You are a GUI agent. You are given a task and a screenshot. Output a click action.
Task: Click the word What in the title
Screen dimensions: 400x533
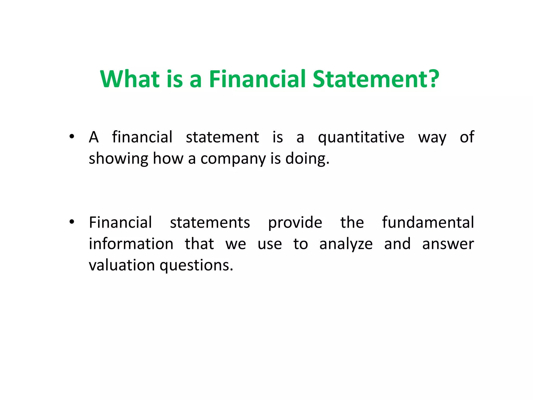tap(130, 79)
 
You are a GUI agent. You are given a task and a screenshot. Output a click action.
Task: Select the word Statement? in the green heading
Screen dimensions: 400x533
tap(376, 79)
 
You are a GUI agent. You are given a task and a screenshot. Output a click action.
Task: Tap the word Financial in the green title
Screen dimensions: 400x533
tap(257, 79)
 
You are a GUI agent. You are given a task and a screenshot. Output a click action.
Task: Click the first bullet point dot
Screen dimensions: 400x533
tap(72, 136)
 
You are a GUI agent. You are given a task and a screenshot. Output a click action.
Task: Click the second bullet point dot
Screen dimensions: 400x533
tap(72, 222)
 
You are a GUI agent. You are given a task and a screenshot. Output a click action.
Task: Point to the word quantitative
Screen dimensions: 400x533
tap(361, 137)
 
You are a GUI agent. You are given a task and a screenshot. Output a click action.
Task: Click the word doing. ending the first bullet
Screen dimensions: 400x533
tap(307, 159)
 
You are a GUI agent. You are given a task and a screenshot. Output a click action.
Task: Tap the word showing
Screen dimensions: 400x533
tap(118, 159)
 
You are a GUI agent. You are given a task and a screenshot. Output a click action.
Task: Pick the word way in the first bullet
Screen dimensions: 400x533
tap(432, 137)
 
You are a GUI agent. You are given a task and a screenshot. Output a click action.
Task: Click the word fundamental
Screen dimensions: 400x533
tap(428, 223)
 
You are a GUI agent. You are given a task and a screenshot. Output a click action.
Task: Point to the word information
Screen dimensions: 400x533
tap(131, 244)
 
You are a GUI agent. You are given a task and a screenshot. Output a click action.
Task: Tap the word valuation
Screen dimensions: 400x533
tap(122, 265)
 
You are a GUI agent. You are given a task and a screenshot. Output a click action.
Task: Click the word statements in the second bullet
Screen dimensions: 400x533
tap(210, 223)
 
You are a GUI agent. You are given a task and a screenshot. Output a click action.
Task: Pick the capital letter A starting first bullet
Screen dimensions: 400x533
tap(94, 137)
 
